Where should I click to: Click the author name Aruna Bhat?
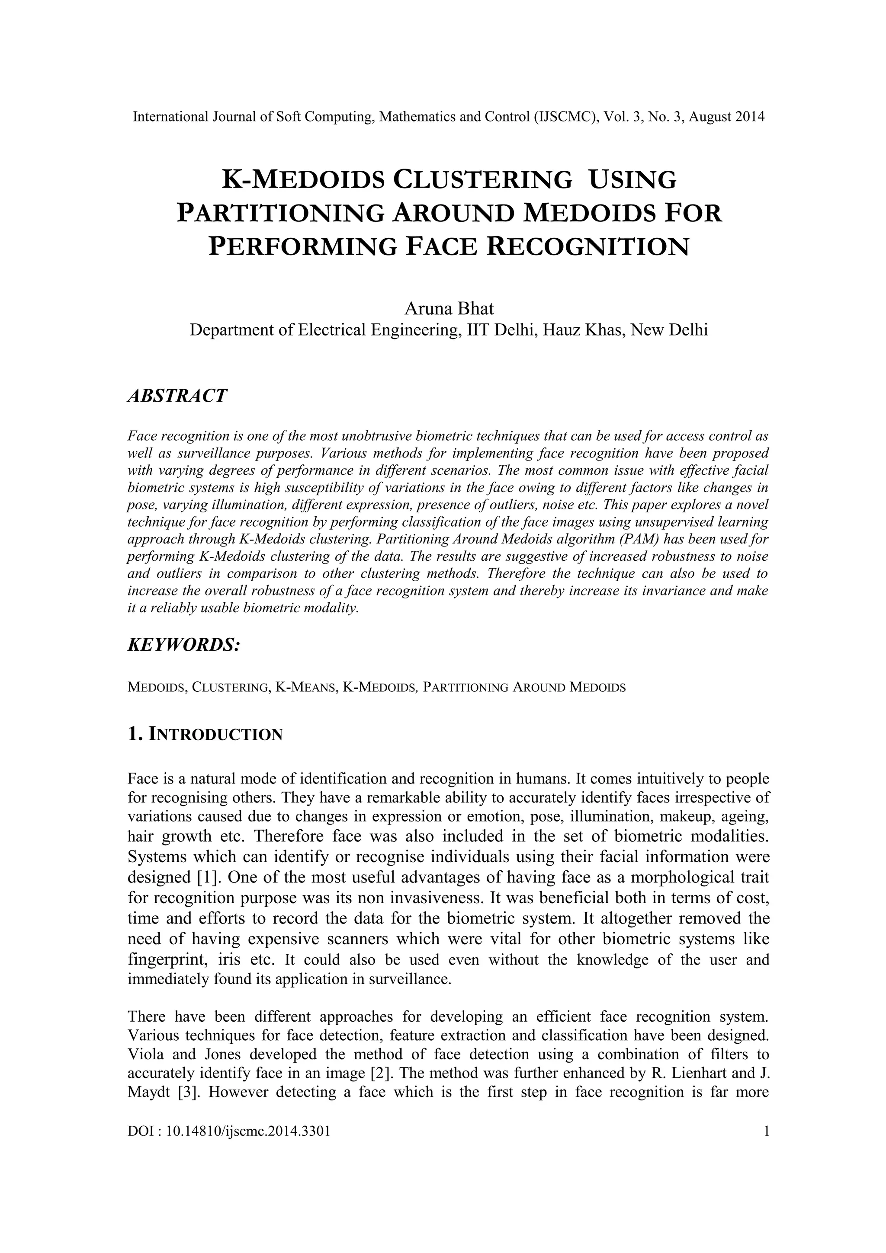click(x=448, y=309)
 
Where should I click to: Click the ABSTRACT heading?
click(x=177, y=396)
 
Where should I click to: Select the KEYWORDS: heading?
click(x=183, y=645)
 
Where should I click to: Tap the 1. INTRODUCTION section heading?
click(x=205, y=735)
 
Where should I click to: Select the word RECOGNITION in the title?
click(x=587, y=247)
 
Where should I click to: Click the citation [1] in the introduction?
click(x=208, y=878)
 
